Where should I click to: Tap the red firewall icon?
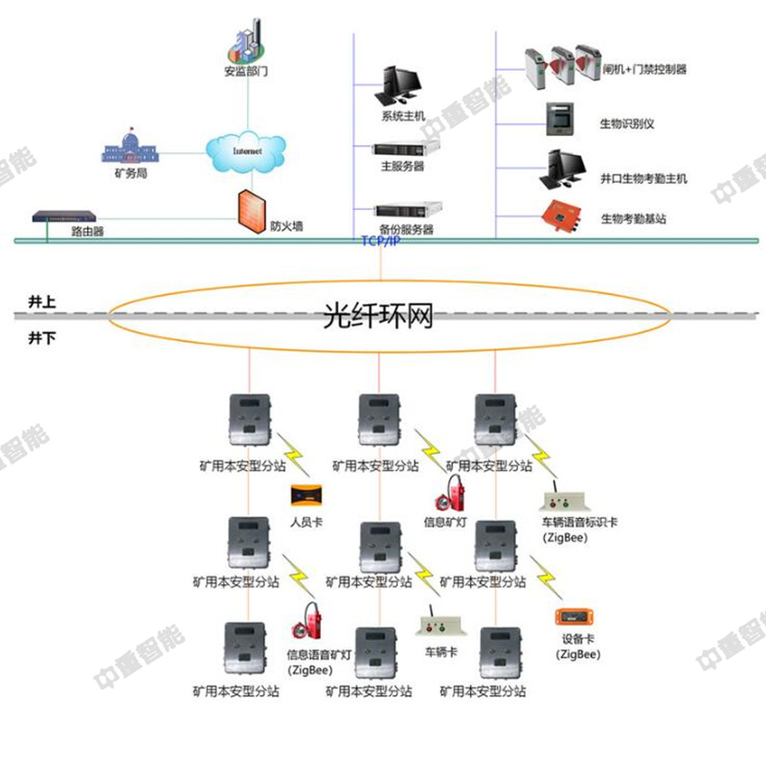[x=251, y=209]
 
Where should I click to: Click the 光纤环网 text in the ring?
[x=378, y=314]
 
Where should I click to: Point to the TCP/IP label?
[x=380, y=241]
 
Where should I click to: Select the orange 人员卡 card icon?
[x=308, y=498]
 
